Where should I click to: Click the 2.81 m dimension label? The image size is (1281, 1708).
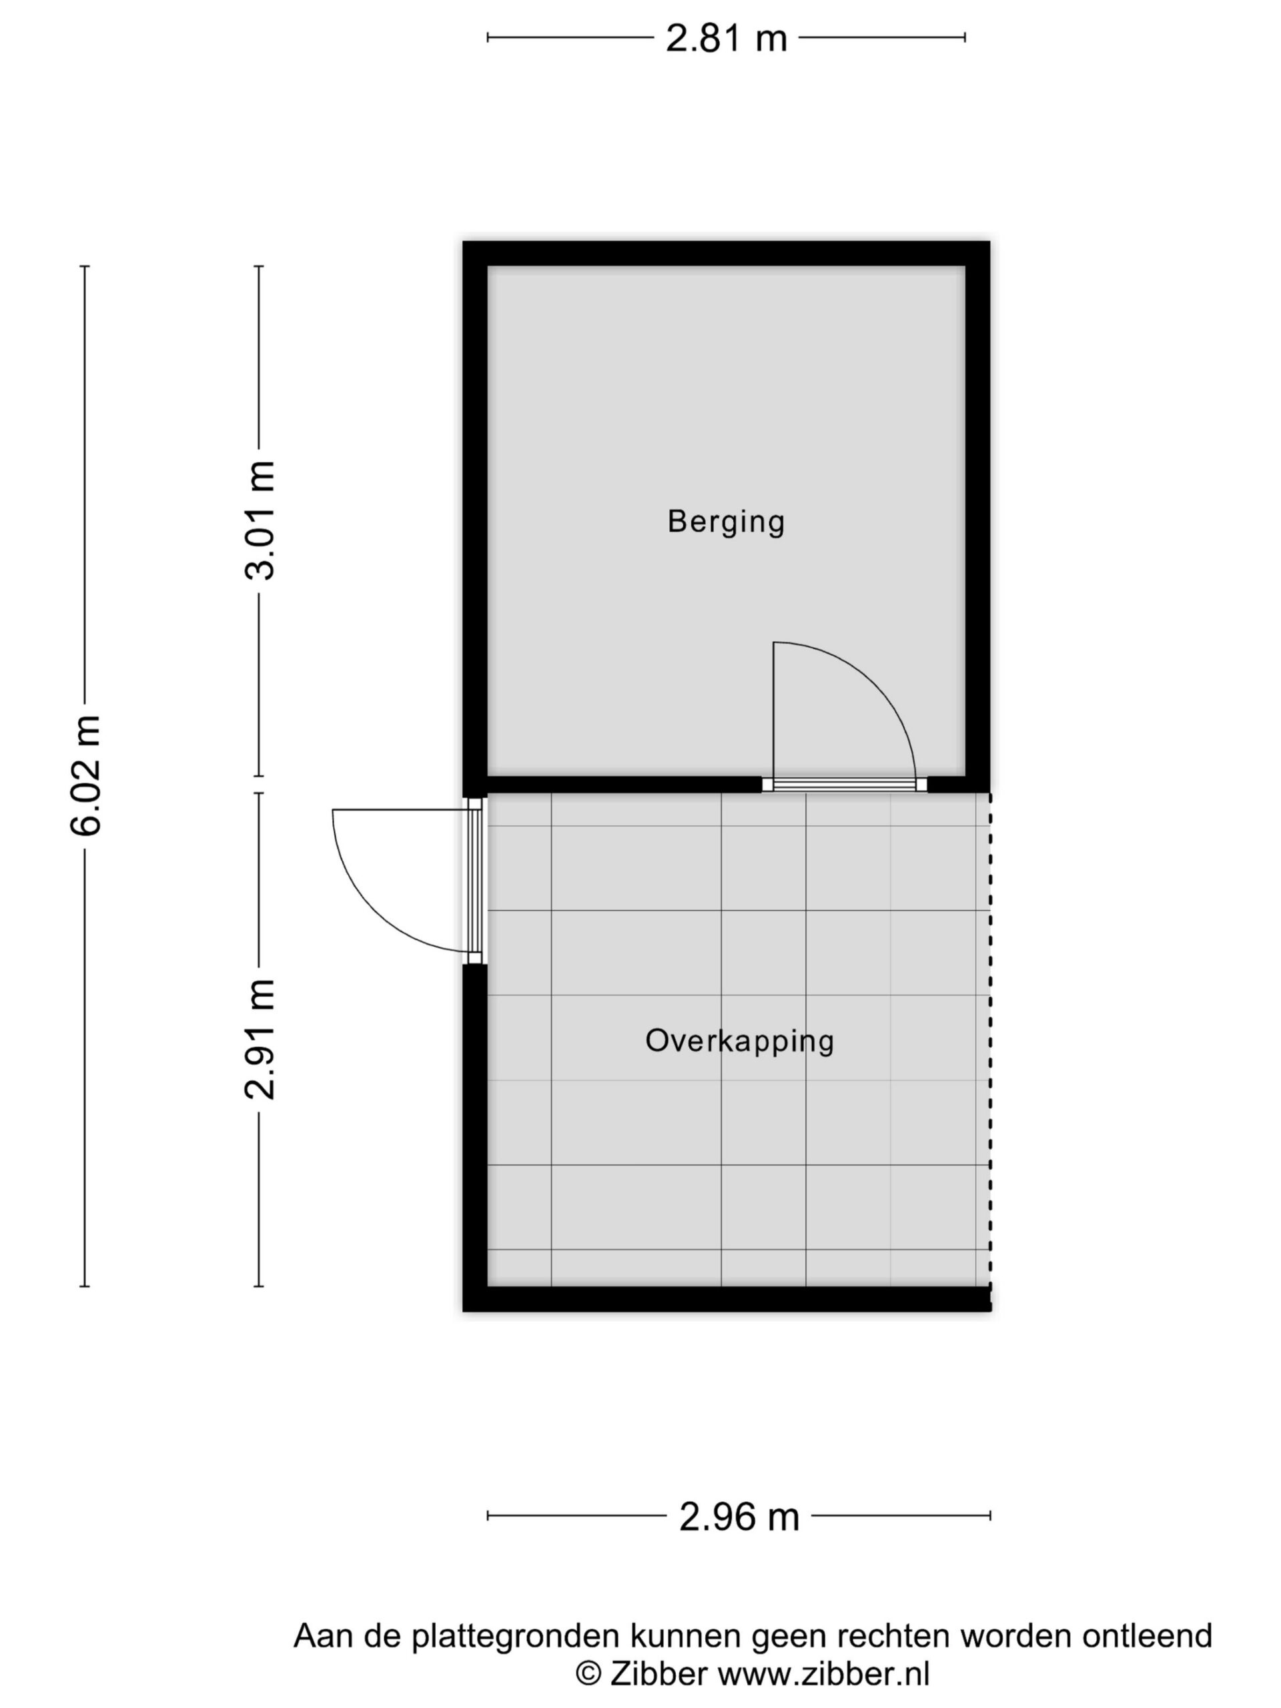(726, 38)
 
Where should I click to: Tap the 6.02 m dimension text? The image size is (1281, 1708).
(85, 775)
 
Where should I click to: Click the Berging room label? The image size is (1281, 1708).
(726, 521)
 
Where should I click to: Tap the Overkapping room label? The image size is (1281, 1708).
(740, 1040)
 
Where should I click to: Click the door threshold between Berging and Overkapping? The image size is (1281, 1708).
(844, 785)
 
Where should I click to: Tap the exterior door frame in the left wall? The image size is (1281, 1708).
(475, 880)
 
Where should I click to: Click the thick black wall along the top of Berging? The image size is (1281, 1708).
(726, 254)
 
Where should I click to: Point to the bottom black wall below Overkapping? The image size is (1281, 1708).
(726, 1299)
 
